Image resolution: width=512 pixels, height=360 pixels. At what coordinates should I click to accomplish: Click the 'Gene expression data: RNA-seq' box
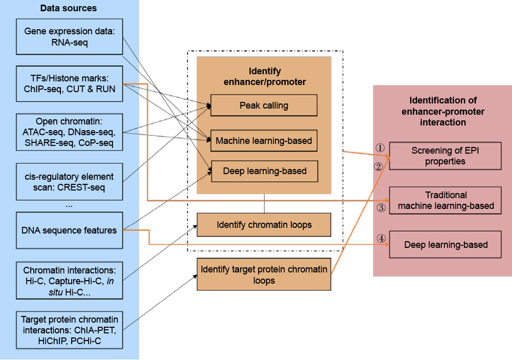pyautogui.click(x=70, y=37)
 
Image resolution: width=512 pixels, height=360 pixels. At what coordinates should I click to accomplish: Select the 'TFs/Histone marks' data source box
pyautogui.click(x=70, y=82)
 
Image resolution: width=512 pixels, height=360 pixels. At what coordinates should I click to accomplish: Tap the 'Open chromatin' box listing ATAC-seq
pyautogui.click(x=70, y=132)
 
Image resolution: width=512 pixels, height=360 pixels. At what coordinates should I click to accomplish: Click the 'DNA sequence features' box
pyautogui.click(x=70, y=230)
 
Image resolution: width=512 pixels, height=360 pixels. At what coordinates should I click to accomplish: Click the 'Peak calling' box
pyautogui.click(x=264, y=105)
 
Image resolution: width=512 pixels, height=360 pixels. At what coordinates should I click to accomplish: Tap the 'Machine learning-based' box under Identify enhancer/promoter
pyautogui.click(x=264, y=140)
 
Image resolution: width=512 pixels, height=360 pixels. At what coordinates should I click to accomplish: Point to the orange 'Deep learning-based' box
pyautogui.click(x=264, y=171)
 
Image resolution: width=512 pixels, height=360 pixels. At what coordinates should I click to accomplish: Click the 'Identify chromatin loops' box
pyautogui.click(x=264, y=225)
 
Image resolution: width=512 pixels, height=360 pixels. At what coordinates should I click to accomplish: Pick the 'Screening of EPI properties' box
pyautogui.click(x=445, y=156)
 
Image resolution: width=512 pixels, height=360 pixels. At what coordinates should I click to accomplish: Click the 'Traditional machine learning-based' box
pyautogui.click(x=445, y=200)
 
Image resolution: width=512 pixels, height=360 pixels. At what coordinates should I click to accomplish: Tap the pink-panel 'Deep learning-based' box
pyautogui.click(x=445, y=245)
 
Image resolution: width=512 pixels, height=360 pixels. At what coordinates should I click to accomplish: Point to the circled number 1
pyautogui.click(x=379, y=147)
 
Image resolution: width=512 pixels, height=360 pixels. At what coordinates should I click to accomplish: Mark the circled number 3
pyautogui.click(x=380, y=208)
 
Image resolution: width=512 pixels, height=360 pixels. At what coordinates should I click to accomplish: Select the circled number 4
pyautogui.click(x=380, y=238)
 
